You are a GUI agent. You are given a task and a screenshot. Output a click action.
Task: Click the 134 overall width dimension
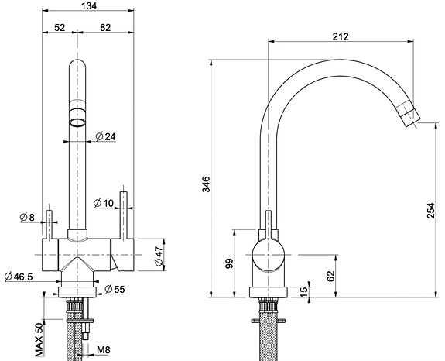point(89,5)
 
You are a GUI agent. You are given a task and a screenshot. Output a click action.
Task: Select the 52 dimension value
point(60,28)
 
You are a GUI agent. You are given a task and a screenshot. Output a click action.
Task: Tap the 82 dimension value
point(105,28)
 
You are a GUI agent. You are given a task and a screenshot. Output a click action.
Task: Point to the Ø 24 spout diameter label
point(105,136)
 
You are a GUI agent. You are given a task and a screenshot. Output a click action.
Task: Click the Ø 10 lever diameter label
point(103,203)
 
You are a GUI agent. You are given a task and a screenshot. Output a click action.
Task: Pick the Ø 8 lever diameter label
point(27,217)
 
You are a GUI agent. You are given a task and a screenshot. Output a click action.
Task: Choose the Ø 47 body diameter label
point(159,256)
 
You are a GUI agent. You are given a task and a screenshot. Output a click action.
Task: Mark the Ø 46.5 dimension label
point(19,277)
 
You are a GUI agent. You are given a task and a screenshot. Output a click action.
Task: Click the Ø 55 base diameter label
point(115,289)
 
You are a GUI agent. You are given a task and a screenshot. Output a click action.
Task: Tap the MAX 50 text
point(39,340)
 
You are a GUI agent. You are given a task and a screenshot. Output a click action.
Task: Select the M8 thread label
point(103,350)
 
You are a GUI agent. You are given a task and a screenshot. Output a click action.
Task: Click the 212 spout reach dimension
point(341,36)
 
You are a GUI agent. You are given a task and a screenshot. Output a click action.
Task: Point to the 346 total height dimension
point(206,184)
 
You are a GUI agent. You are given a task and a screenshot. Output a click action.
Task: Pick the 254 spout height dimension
point(431,210)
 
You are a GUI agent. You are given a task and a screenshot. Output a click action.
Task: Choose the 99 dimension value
point(229,263)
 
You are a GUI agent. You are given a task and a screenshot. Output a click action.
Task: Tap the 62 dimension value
point(331,276)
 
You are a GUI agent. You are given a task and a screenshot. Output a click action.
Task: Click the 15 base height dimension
point(303,292)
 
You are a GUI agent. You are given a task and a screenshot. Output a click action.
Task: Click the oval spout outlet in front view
point(77,122)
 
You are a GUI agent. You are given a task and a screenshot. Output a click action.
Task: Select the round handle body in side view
point(269,255)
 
